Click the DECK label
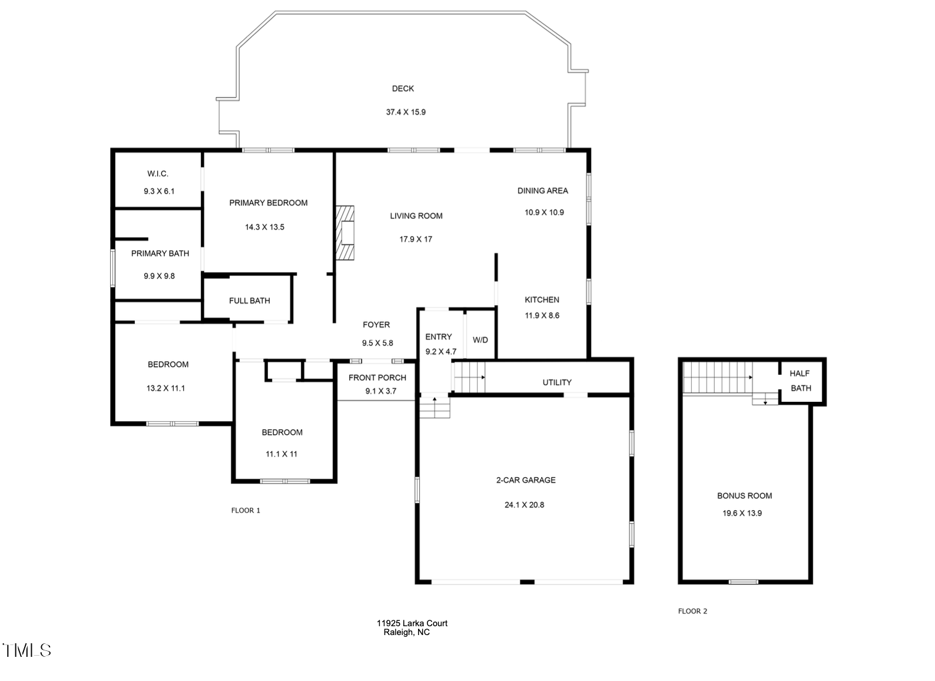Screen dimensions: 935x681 pyautogui.click(x=403, y=88)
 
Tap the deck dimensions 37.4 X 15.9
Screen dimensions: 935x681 pyautogui.click(x=406, y=112)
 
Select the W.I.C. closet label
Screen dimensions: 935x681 pyautogui.click(x=158, y=174)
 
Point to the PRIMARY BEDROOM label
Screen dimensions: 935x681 pyautogui.click(x=268, y=203)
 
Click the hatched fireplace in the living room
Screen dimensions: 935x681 pyautogui.click(x=345, y=233)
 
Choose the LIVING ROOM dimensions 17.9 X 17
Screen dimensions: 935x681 pyautogui.click(x=416, y=239)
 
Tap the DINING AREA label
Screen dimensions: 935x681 pyautogui.click(x=543, y=191)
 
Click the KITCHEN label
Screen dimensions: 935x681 pyautogui.click(x=542, y=300)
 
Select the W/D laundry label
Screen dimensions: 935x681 pyautogui.click(x=480, y=340)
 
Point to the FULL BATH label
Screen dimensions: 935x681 pyautogui.click(x=250, y=300)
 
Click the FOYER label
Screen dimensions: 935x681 pyautogui.click(x=376, y=325)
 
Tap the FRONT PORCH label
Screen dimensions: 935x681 pyautogui.click(x=377, y=378)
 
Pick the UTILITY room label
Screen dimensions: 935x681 pyautogui.click(x=557, y=382)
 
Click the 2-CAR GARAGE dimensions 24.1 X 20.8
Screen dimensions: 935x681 pyautogui.click(x=524, y=505)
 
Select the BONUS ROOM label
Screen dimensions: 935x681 pyautogui.click(x=745, y=496)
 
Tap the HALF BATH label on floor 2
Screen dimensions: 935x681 pyautogui.click(x=801, y=381)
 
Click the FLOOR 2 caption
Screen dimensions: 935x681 pyautogui.click(x=692, y=611)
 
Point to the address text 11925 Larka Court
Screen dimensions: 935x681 pyautogui.click(x=412, y=623)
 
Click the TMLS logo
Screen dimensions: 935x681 pyautogui.click(x=26, y=650)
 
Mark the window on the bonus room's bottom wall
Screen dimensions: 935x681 pyautogui.click(x=744, y=582)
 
